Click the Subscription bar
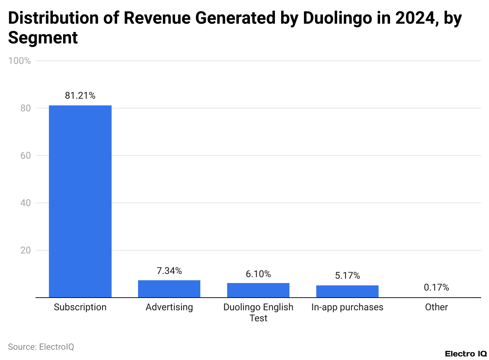coord(80,201)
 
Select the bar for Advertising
coord(169,289)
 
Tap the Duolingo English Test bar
coord(258,290)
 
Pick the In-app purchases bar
coord(347,291)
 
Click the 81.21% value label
coord(80,96)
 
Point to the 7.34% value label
coord(169,271)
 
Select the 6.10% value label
coord(258,274)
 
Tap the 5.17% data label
coord(347,276)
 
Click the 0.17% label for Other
coord(436,287)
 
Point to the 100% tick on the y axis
coord(19,61)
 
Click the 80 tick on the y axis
coord(26,108)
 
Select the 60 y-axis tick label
coord(26,156)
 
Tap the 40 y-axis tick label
coord(26,203)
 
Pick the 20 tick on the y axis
coord(26,250)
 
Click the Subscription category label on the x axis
coord(80,307)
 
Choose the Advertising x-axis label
coord(169,307)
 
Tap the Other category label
coord(436,307)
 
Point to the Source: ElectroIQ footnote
coord(41,347)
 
